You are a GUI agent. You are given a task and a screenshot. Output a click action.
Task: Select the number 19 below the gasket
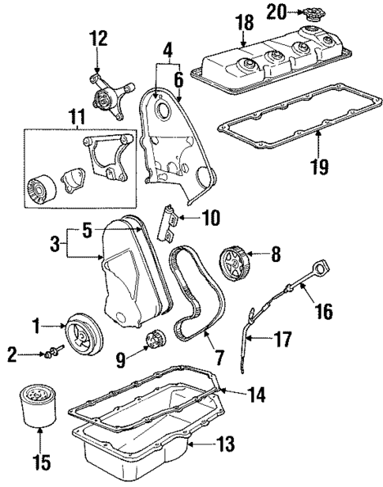click(x=319, y=167)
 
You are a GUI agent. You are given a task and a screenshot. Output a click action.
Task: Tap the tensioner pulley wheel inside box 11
click(x=40, y=190)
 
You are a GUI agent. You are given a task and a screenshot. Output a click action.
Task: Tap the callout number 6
click(x=179, y=81)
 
